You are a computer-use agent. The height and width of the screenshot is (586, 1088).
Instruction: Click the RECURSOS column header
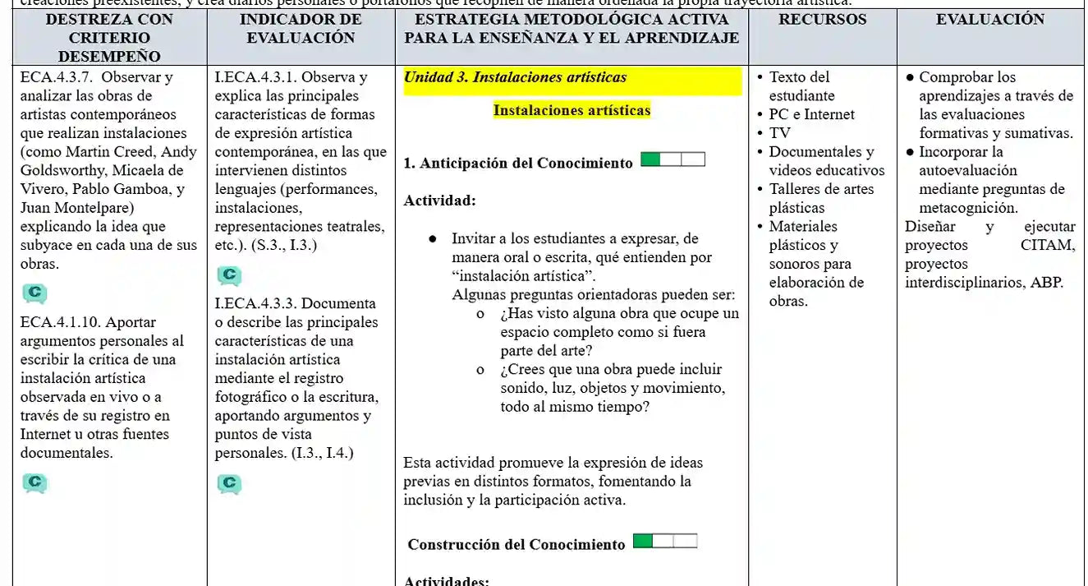coord(822,19)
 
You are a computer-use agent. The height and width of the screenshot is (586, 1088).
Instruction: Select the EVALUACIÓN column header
coord(990,19)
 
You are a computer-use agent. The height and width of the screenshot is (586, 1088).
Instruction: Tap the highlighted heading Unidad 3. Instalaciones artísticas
coord(515,77)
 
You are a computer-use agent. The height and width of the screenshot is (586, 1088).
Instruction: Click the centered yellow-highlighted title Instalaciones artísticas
coord(572,110)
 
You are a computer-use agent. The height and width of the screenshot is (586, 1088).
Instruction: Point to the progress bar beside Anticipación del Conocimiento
coord(673,159)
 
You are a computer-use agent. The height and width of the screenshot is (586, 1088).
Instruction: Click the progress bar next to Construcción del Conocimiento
coord(665,541)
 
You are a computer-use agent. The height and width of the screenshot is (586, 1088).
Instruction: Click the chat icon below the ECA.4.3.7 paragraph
coord(34,293)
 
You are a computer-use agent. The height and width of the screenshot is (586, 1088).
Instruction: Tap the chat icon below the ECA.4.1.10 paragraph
coord(34,483)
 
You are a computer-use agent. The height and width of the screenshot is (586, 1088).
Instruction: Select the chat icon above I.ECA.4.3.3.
coord(229,275)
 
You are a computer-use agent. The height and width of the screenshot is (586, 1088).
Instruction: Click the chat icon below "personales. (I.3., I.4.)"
coord(229,484)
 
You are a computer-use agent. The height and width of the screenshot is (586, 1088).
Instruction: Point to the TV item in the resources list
coord(779,133)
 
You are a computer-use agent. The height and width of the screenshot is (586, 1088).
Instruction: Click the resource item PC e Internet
coord(811,114)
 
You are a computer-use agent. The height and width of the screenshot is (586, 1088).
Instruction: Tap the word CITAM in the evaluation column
coord(1047,245)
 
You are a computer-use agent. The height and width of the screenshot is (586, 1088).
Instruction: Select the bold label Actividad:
coord(439,200)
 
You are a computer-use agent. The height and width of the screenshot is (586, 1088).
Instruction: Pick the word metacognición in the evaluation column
coord(968,208)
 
